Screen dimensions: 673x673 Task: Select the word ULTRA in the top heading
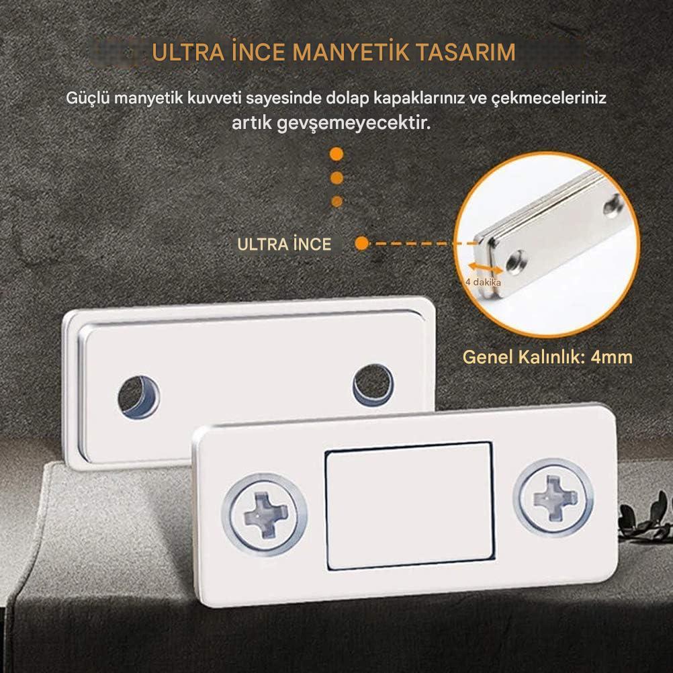(x=188, y=52)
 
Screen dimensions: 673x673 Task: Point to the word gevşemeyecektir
(x=354, y=124)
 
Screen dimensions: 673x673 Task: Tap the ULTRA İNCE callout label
(x=284, y=244)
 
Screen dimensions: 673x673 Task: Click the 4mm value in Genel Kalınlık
(x=611, y=357)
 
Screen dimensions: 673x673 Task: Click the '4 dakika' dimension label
(x=483, y=282)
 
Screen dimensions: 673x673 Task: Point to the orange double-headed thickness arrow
(x=485, y=268)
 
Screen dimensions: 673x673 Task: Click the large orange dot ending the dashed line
(x=362, y=243)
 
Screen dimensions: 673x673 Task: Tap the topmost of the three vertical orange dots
(x=336, y=154)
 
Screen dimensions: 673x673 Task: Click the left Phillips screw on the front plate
(x=265, y=514)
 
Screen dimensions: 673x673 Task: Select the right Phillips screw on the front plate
(x=554, y=498)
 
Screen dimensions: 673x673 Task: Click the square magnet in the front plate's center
(x=410, y=506)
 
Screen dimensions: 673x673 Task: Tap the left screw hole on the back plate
(x=138, y=398)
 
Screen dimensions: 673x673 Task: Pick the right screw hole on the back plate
(x=373, y=385)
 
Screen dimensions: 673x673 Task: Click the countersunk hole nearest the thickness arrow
(x=515, y=262)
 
